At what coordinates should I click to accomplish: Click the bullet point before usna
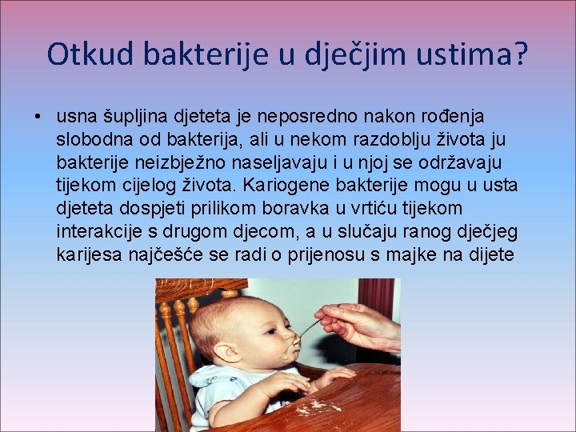pyautogui.click(x=38, y=118)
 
